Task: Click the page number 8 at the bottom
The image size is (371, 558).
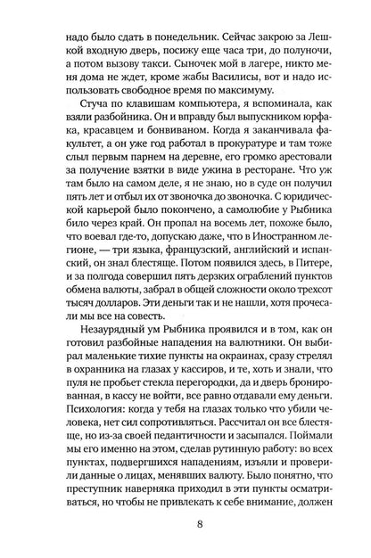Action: coord(185,537)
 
